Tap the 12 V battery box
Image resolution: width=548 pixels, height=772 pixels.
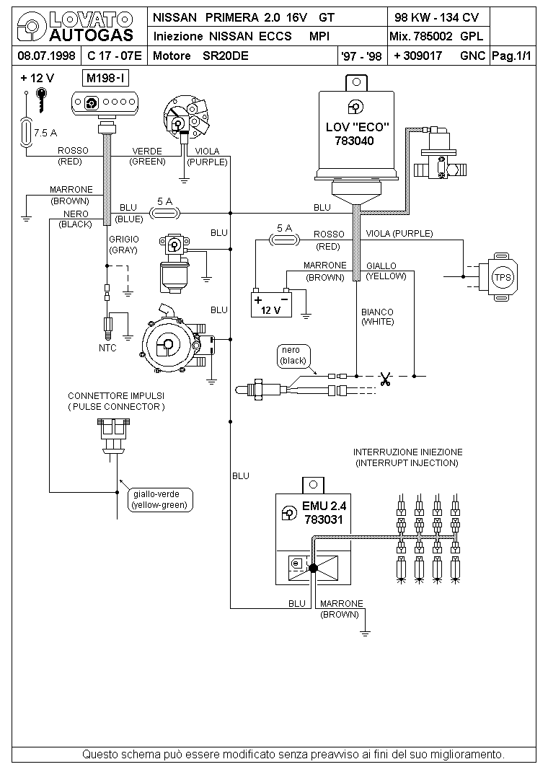[x=271, y=304]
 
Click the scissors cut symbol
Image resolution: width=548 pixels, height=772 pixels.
[x=385, y=378]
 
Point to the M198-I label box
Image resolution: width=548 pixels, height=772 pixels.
[x=106, y=78]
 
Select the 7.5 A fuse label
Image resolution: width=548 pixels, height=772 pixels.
[x=45, y=133]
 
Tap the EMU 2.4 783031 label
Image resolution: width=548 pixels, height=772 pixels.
[x=324, y=512]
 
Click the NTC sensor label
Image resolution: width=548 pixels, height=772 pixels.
[x=107, y=348]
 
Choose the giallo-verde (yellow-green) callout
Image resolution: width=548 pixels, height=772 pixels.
[x=160, y=499]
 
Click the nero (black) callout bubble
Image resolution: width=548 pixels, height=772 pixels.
[x=293, y=356]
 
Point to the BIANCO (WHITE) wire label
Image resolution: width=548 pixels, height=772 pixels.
[x=377, y=317]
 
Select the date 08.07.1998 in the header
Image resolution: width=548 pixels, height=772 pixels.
[x=46, y=56]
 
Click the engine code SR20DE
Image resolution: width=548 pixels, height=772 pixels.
[x=225, y=56]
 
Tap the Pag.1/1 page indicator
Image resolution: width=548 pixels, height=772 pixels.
[x=512, y=56]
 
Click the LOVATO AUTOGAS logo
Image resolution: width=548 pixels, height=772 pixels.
[x=76, y=27]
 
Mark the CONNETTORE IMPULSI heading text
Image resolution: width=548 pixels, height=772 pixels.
[x=116, y=396]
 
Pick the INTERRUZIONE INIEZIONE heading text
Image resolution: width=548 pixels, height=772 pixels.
[x=408, y=452]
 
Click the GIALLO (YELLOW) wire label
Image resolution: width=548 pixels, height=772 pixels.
[x=386, y=271]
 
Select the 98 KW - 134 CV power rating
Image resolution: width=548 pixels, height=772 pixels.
[x=436, y=18]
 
